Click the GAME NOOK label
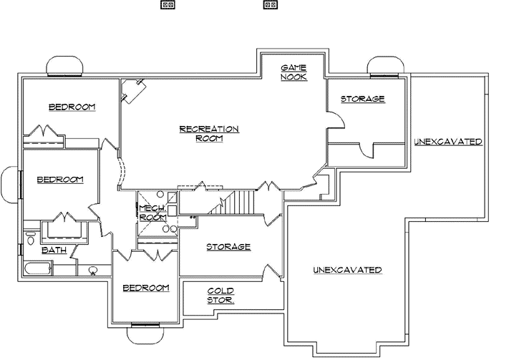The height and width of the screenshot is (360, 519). coord(294,71)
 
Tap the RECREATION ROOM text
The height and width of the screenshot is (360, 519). coord(208,133)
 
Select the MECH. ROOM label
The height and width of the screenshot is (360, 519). coord(152,212)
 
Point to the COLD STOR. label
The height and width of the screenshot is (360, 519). coord(220,295)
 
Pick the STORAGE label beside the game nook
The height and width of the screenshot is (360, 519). coord(362,99)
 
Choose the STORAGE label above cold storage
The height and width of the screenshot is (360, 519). coord(228,247)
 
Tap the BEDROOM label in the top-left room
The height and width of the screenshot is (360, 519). coord(72,107)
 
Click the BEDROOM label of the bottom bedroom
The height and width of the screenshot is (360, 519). coord(145,288)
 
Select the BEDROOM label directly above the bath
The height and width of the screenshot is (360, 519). coord(60,180)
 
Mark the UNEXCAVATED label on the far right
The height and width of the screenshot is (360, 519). coord(447,142)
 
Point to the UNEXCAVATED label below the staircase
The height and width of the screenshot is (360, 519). coord(347,270)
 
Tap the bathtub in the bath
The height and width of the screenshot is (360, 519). coord(37,269)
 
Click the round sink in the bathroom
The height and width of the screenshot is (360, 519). coord(92,271)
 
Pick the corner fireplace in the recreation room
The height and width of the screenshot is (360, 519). coord(133,90)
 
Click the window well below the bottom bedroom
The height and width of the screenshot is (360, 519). coord(144,331)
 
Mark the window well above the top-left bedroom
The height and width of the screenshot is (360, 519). coord(64,66)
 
